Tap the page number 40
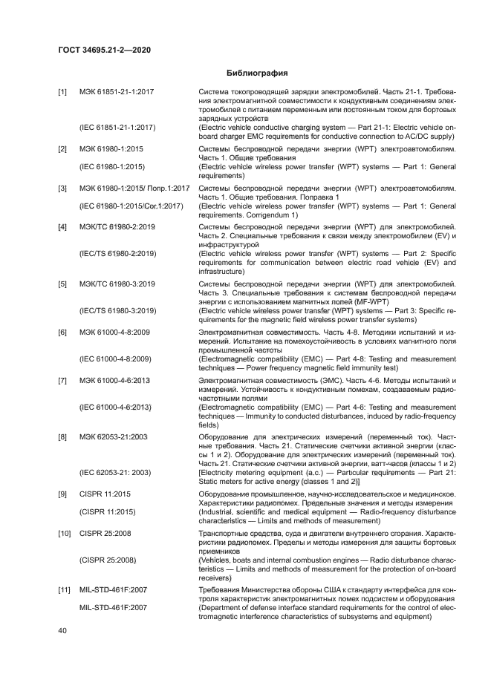coord(62,630)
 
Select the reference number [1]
coord(62,91)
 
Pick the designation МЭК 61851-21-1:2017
coord(117,91)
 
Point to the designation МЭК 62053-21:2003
coord(114,438)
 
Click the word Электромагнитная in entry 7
coord(227,380)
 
